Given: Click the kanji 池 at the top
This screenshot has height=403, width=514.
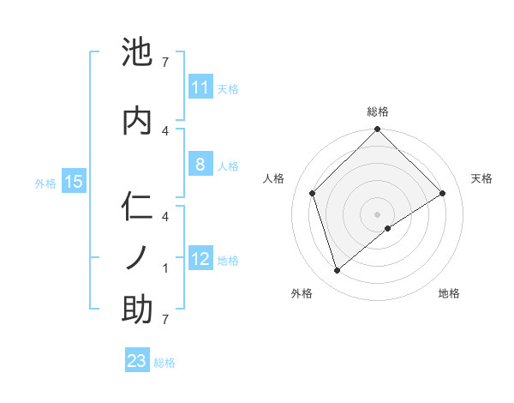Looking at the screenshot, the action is click(138, 53).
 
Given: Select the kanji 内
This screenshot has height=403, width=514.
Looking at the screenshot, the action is click(138, 121).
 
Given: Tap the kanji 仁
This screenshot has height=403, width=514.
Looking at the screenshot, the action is click(138, 208).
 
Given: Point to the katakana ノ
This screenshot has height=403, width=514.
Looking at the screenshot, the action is click(138, 256).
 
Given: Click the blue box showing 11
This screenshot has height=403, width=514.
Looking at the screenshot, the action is click(200, 87).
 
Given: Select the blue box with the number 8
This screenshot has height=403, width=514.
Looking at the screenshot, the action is click(200, 165).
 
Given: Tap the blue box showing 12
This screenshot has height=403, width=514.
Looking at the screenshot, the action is click(200, 259).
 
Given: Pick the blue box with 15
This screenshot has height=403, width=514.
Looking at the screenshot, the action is click(73, 181).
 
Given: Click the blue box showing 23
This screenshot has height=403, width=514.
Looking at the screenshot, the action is click(136, 361).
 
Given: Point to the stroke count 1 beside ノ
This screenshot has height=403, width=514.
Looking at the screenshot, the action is click(165, 268).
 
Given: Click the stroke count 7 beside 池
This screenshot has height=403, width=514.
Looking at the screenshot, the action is click(165, 63).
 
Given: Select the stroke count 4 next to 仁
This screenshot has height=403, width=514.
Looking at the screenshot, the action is click(165, 216).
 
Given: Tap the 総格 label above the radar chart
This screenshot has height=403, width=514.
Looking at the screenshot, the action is click(378, 111).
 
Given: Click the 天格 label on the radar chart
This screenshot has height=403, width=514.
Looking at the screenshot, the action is click(481, 178).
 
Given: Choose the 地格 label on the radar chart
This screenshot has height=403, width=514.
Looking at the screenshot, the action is click(449, 293).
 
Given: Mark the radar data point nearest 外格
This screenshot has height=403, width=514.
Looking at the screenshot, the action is click(338, 271).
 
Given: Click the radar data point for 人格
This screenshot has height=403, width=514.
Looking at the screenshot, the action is click(313, 193).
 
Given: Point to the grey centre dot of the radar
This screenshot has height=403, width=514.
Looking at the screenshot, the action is click(378, 214).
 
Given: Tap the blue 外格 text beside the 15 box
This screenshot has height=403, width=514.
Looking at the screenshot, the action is click(46, 182).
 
